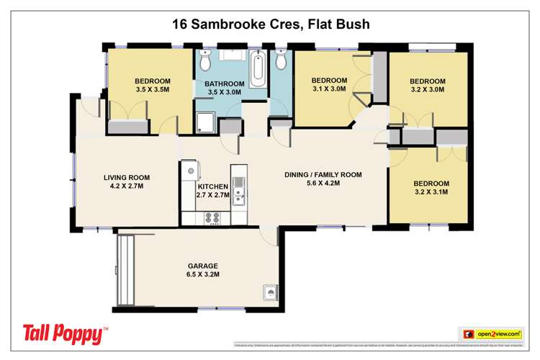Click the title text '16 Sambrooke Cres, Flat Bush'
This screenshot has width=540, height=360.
(x=271, y=24)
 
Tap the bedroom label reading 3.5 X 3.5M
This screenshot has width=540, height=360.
(x=152, y=86)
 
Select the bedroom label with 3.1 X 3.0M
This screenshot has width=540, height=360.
(x=329, y=85)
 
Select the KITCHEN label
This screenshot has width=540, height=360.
(x=212, y=191)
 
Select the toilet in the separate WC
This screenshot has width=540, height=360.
(x=281, y=63)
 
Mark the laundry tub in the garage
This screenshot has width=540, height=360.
(x=270, y=293)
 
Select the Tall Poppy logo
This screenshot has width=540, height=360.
(x=66, y=333)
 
